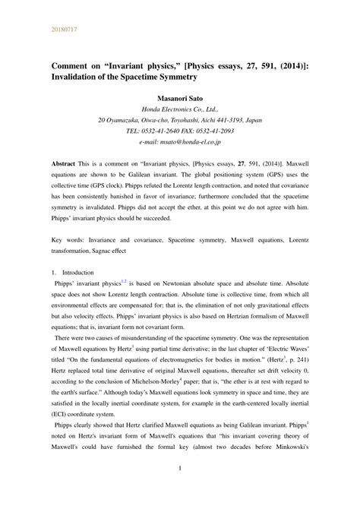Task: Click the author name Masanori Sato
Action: coord(180,98)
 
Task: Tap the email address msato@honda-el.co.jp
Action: coord(189,141)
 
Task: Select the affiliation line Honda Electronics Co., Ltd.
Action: coord(180,109)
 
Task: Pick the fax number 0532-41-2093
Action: coord(217,131)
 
